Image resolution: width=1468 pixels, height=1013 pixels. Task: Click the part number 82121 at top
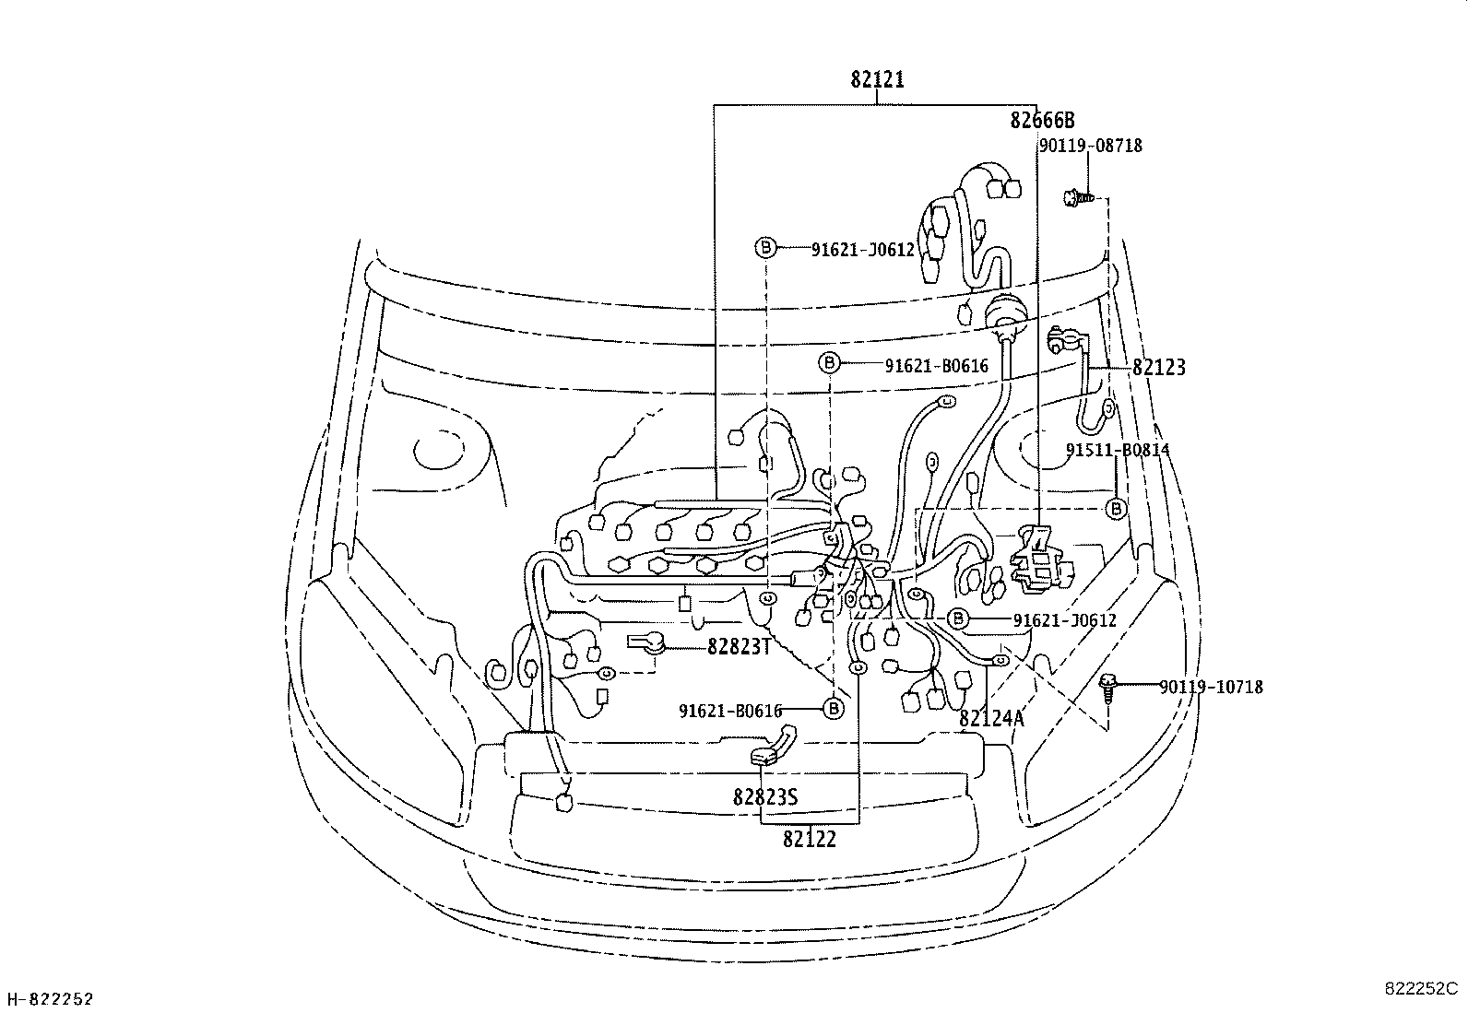click(877, 80)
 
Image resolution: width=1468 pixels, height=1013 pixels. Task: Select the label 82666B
click(1042, 121)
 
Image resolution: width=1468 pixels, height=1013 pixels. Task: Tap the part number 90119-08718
click(1090, 146)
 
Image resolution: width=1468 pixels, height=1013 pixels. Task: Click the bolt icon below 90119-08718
click(1076, 196)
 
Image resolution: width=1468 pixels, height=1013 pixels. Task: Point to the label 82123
click(1158, 367)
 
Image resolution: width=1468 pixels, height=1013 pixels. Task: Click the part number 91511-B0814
click(1118, 450)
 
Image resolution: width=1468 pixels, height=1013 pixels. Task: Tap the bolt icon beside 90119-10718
click(1109, 687)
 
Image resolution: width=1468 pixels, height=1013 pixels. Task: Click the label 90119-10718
click(1211, 687)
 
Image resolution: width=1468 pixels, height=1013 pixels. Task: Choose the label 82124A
click(991, 718)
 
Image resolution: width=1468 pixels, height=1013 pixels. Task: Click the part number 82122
click(810, 839)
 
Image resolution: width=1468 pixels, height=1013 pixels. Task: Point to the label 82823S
click(765, 796)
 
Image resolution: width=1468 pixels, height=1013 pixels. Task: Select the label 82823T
click(739, 646)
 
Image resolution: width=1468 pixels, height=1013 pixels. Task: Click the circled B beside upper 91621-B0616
click(829, 363)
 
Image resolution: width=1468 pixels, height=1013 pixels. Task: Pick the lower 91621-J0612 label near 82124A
click(1064, 620)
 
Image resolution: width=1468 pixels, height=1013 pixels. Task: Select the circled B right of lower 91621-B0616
click(833, 708)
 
